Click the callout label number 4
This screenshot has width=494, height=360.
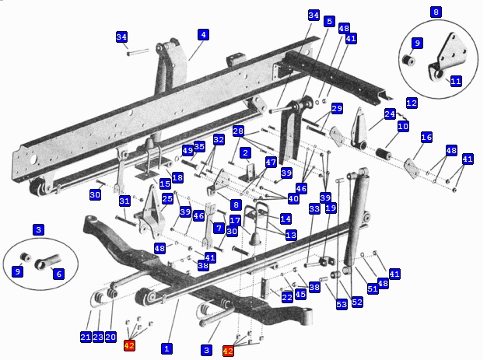[x=204, y=34]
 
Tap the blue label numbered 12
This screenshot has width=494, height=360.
[x=412, y=103]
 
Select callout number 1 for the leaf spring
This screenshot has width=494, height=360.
[x=166, y=348]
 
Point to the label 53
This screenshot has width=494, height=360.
[x=342, y=304]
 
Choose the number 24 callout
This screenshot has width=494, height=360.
[x=390, y=114]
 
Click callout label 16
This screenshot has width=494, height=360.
[x=426, y=138]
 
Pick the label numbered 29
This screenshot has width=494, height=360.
[x=337, y=109]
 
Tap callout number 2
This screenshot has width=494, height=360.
[x=245, y=153]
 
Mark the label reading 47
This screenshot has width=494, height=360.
[x=271, y=163]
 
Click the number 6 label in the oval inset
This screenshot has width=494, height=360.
[x=58, y=274]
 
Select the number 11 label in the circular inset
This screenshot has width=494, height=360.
[x=456, y=82]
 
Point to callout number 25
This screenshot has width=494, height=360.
[x=167, y=199]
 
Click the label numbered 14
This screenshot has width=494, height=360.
[x=286, y=219]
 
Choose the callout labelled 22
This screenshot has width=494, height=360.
[x=287, y=297]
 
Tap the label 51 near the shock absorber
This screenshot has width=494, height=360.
[x=373, y=288]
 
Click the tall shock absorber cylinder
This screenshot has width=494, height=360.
[x=356, y=218]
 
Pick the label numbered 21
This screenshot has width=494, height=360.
[x=86, y=337]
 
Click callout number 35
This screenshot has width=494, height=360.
[x=199, y=146]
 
